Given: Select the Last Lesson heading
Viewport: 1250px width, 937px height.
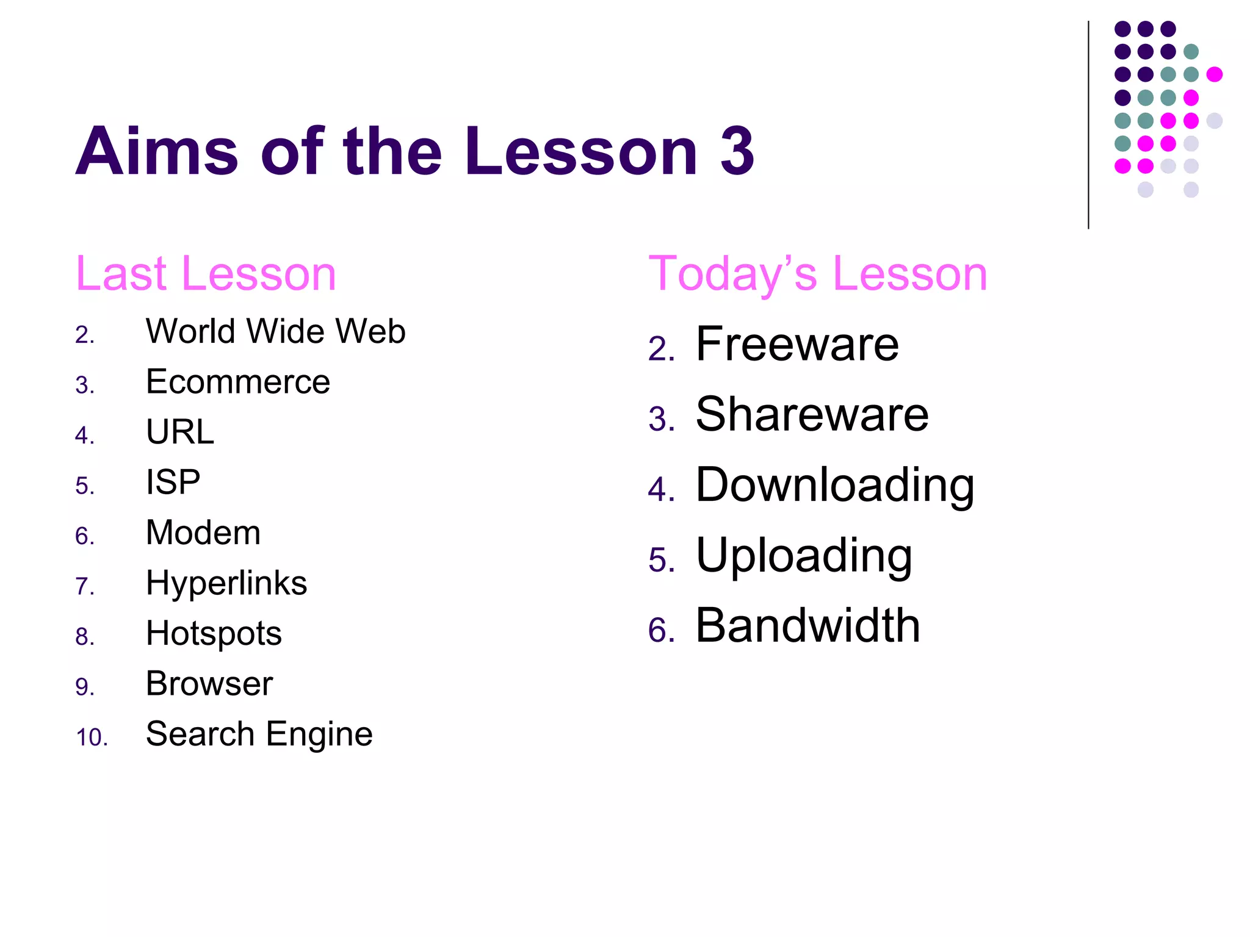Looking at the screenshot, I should (x=206, y=274).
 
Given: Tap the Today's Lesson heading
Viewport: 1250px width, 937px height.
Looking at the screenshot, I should (x=817, y=274).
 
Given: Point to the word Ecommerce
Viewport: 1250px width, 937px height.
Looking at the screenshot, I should (x=238, y=382).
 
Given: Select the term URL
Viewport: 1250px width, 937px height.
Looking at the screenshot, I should (x=180, y=432).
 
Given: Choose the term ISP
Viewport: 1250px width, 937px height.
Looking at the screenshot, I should (x=173, y=482).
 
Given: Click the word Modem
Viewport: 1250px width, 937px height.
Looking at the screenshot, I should (x=203, y=533).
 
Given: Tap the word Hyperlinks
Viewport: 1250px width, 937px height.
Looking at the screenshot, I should (x=226, y=583).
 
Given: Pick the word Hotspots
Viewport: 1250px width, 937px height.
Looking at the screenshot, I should (x=214, y=633).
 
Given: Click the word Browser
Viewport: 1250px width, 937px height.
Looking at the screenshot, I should (x=209, y=683).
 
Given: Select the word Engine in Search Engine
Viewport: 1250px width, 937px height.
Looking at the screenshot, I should (x=319, y=734).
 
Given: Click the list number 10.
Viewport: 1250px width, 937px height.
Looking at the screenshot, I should (x=91, y=738).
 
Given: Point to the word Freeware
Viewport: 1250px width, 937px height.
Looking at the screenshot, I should (x=797, y=344).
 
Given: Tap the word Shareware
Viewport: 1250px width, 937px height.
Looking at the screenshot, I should (x=812, y=414).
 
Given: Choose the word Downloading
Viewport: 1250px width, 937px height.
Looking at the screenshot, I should (x=835, y=486).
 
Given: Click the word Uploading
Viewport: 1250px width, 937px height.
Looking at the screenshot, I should (x=804, y=556).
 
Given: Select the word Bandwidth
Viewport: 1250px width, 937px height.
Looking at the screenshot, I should (x=808, y=625).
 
